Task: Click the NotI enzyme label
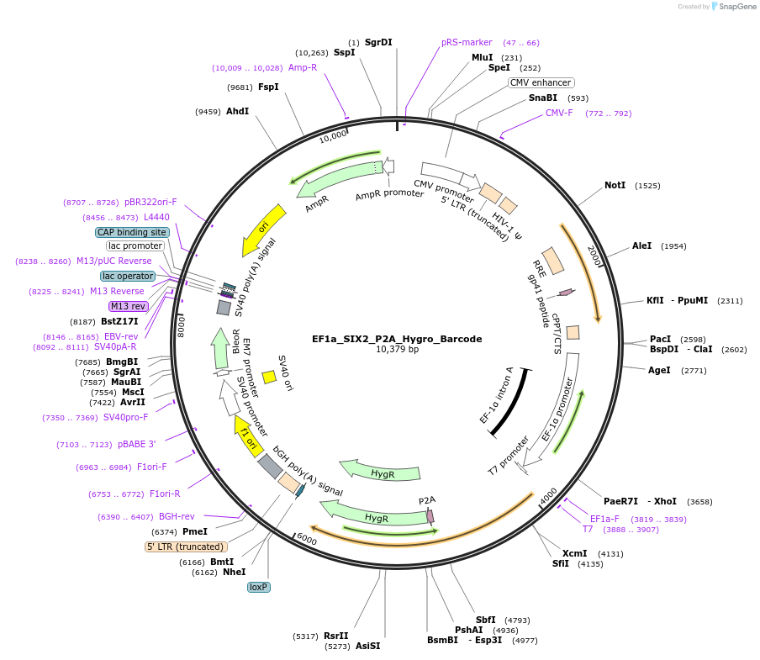[x=615, y=185]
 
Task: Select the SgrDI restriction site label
[x=378, y=42]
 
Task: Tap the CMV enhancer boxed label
[x=541, y=82]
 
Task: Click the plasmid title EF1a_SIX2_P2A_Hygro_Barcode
[x=397, y=339]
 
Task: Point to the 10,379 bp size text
[x=397, y=350]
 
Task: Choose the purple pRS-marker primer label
[x=467, y=42]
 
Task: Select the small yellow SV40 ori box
[x=269, y=377]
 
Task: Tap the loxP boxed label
[x=258, y=587]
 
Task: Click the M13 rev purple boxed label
[x=128, y=306]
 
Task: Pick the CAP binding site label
[x=132, y=232]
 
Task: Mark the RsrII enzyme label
[x=335, y=636]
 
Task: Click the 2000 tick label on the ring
[x=594, y=256]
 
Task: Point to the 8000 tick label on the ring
[x=180, y=325]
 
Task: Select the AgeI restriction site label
[x=659, y=370]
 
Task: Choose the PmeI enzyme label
[x=194, y=531]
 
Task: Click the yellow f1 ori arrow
[x=247, y=436]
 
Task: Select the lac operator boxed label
[x=128, y=276]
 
